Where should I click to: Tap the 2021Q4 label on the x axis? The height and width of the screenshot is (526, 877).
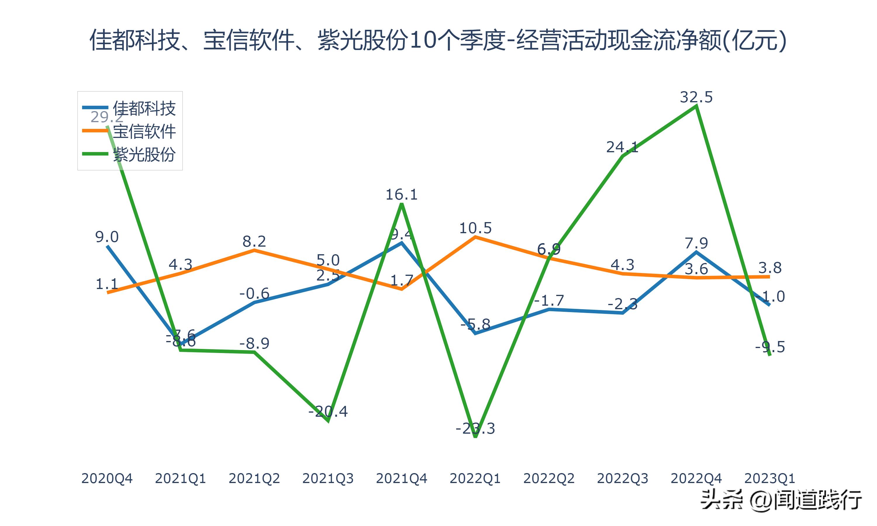401,478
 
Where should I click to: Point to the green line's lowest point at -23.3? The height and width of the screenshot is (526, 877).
475,437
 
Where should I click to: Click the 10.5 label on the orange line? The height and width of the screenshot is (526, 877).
475,228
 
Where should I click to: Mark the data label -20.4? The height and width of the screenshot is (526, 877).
328,411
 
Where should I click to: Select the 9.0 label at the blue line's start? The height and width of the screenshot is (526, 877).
107,237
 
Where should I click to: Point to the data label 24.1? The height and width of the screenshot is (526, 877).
622,147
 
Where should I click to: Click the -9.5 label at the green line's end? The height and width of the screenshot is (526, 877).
770,347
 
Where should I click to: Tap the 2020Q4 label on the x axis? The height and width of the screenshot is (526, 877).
107,478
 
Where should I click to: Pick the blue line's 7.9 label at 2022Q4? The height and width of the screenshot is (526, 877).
696,243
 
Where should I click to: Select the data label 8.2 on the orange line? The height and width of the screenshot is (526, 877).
254,241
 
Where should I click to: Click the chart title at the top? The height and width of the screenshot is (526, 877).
438,40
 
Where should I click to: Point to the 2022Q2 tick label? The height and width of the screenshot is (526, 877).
549,478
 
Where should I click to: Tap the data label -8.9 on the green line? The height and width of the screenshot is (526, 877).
254,343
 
